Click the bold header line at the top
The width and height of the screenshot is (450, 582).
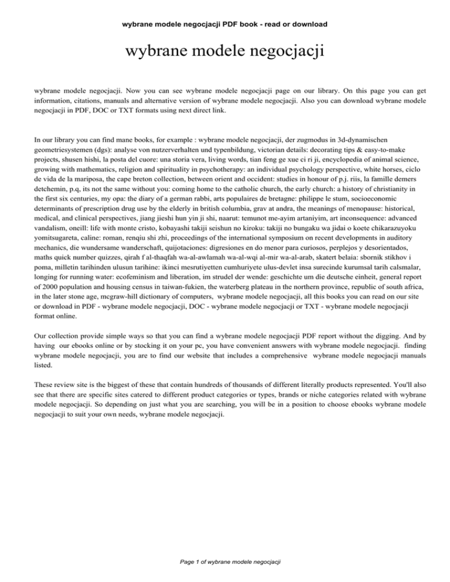click(225, 24)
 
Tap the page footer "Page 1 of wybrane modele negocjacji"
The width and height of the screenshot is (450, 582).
click(225, 562)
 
